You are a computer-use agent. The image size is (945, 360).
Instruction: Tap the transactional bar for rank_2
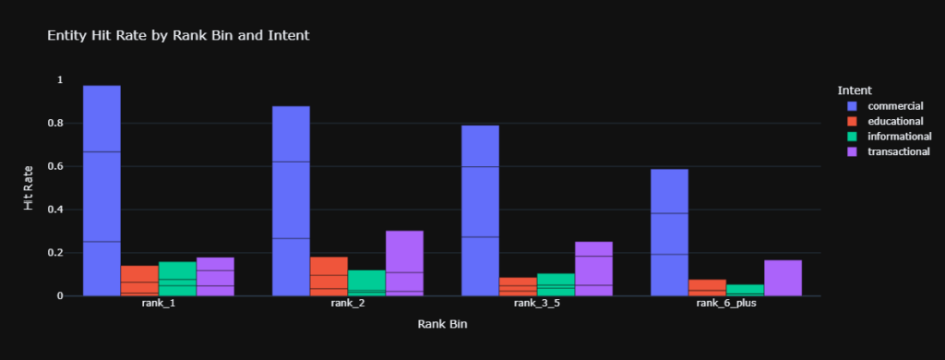(x=404, y=263)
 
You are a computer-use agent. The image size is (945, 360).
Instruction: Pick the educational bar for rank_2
(x=329, y=276)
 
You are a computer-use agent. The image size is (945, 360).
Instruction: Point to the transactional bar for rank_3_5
(x=593, y=269)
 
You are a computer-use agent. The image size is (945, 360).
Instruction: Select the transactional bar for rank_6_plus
(x=783, y=278)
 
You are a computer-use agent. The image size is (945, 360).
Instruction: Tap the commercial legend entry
(x=895, y=106)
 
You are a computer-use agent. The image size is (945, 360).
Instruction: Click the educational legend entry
(x=896, y=121)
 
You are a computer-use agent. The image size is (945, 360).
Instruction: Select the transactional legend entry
(x=899, y=151)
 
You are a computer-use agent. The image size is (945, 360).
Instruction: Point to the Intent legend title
(x=855, y=90)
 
